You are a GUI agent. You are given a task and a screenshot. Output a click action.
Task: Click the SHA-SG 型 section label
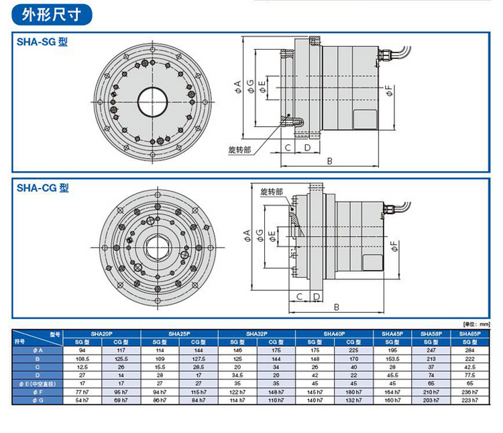[42, 42]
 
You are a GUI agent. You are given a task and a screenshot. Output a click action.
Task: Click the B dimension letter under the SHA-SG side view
[330, 161]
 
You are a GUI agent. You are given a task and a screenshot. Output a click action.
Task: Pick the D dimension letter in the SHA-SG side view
[306, 147]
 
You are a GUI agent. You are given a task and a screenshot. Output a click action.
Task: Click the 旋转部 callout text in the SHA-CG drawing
[271, 192]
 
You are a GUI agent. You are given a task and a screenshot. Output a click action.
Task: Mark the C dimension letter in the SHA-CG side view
[298, 296]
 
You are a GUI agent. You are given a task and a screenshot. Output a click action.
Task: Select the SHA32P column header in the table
[256, 334]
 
